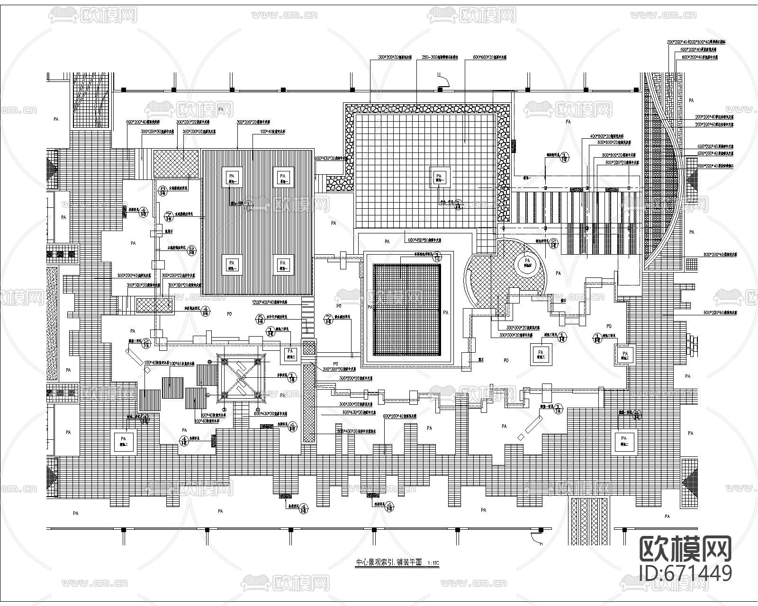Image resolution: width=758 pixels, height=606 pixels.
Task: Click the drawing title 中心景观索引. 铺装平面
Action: click(388, 562)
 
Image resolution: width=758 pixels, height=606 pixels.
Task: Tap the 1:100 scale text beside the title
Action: click(433, 563)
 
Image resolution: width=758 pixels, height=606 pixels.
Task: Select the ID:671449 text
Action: click(686, 572)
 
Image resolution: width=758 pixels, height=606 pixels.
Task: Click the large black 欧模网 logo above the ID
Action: click(686, 549)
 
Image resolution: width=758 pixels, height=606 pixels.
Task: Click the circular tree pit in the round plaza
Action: click(527, 261)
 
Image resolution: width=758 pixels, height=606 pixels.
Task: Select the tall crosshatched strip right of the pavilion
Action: click(309, 402)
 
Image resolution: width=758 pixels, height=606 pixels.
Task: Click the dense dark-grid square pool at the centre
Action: click(407, 310)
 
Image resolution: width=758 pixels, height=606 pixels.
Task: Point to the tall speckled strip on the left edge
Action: click(52, 323)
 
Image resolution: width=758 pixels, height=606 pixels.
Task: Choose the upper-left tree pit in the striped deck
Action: click(231, 177)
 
